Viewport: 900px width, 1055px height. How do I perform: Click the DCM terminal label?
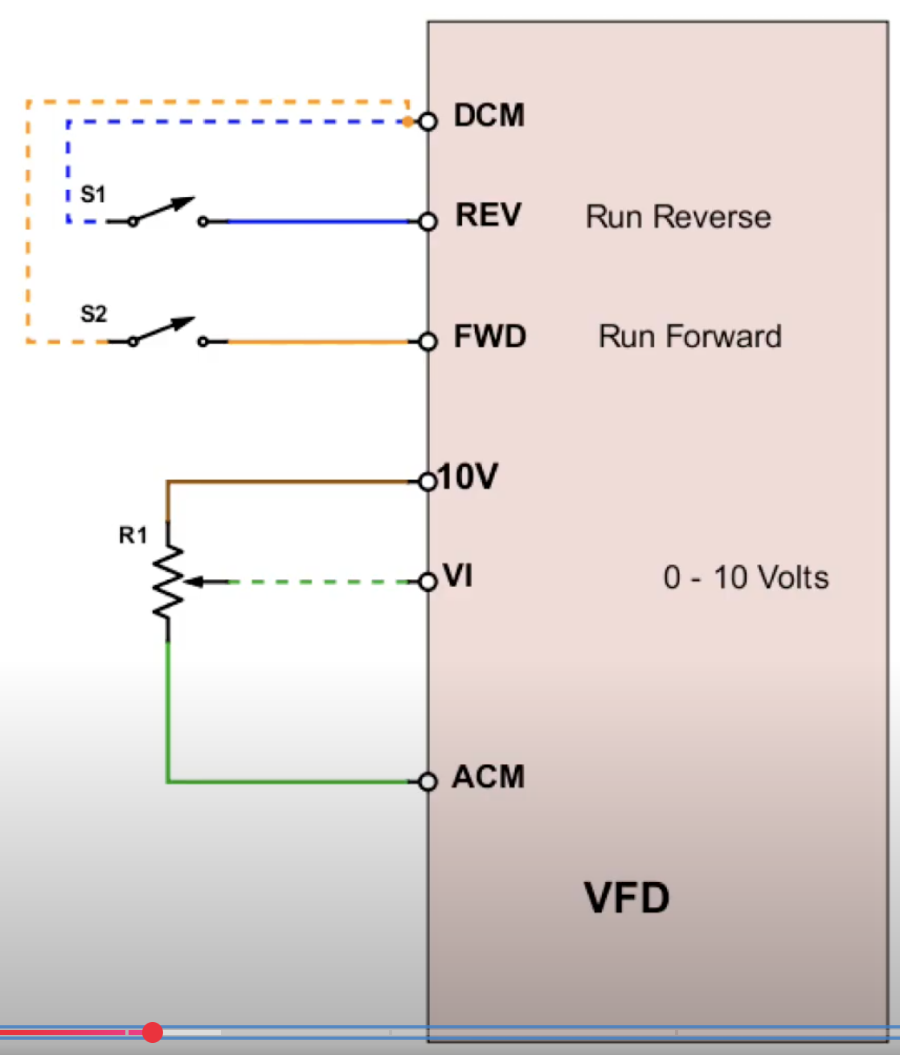pyautogui.click(x=489, y=116)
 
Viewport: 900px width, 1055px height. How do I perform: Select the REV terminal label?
pyautogui.click(x=488, y=216)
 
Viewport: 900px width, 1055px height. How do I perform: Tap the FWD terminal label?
pyautogui.click(x=489, y=336)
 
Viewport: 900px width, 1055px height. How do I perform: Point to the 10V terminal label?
pyautogui.click(x=468, y=477)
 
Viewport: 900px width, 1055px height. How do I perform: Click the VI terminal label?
pyautogui.click(x=458, y=576)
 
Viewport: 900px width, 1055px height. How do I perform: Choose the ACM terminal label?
pyautogui.click(x=488, y=777)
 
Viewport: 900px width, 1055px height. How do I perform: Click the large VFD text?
pyautogui.click(x=627, y=897)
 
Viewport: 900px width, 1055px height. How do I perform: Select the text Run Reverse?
pyautogui.click(x=678, y=217)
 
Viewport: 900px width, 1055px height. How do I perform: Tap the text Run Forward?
pyautogui.click(x=689, y=336)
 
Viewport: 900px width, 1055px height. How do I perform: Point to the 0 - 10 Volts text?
pyautogui.click(x=746, y=577)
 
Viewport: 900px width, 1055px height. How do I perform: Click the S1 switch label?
pyautogui.click(x=93, y=195)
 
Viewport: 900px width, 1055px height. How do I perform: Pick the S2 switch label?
pyautogui.click(x=93, y=314)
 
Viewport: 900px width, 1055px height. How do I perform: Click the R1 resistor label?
pyautogui.click(x=133, y=535)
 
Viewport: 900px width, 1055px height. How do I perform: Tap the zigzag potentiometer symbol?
pyautogui.click(x=168, y=581)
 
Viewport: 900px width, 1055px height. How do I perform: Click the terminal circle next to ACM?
pyautogui.click(x=428, y=782)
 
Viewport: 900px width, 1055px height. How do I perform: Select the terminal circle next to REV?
pyautogui.click(x=428, y=221)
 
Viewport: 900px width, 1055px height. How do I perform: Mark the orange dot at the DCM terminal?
pyautogui.click(x=408, y=121)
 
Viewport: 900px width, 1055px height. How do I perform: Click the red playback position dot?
pyautogui.click(x=152, y=1032)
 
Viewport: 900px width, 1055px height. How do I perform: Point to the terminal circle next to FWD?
pyautogui.click(x=428, y=342)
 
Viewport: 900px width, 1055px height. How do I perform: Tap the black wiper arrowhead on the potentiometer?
pyautogui.click(x=194, y=581)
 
